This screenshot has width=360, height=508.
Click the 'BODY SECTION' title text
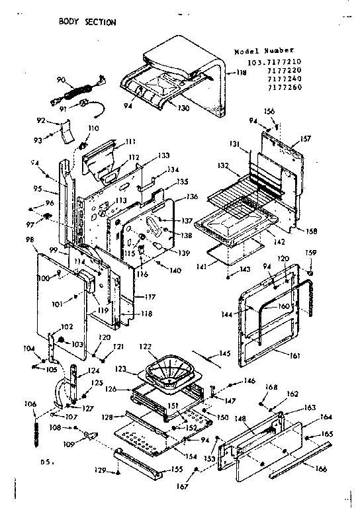[87, 22]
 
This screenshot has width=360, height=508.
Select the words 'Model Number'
[264, 51]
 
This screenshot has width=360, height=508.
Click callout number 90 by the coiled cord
[61, 80]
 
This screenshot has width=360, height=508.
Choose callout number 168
[271, 388]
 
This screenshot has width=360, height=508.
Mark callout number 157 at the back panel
[305, 139]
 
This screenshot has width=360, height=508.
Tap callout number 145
[225, 353]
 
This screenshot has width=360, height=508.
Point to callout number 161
[294, 355]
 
